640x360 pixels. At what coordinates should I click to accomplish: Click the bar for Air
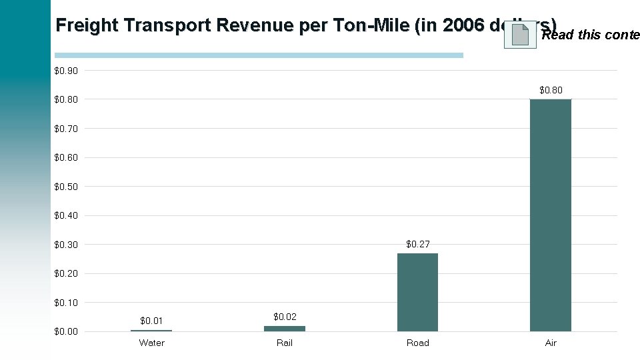[551, 215]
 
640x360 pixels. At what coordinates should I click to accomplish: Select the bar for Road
[417, 292]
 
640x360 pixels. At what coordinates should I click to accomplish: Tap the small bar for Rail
[285, 328]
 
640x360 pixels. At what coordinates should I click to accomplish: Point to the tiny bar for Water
[151, 330]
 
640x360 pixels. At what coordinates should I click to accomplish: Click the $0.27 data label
[418, 244]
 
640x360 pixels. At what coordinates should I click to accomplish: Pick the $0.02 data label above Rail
[285, 316]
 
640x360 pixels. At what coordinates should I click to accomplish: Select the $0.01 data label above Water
[151, 321]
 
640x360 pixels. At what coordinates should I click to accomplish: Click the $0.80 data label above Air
[551, 89]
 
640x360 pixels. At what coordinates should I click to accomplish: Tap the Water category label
[151, 343]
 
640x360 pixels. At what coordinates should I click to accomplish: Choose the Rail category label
[285, 343]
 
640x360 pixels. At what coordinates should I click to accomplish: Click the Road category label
[418, 343]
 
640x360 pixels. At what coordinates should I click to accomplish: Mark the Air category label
[551, 343]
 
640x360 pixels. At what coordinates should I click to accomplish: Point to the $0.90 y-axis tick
[66, 71]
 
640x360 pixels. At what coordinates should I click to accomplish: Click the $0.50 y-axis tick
[66, 187]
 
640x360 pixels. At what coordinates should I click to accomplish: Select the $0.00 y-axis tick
[66, 331]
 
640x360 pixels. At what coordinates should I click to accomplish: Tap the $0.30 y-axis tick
[66, 245]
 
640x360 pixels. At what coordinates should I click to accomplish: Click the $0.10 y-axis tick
[66, 303]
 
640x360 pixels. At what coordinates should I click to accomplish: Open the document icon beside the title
[520, 34]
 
